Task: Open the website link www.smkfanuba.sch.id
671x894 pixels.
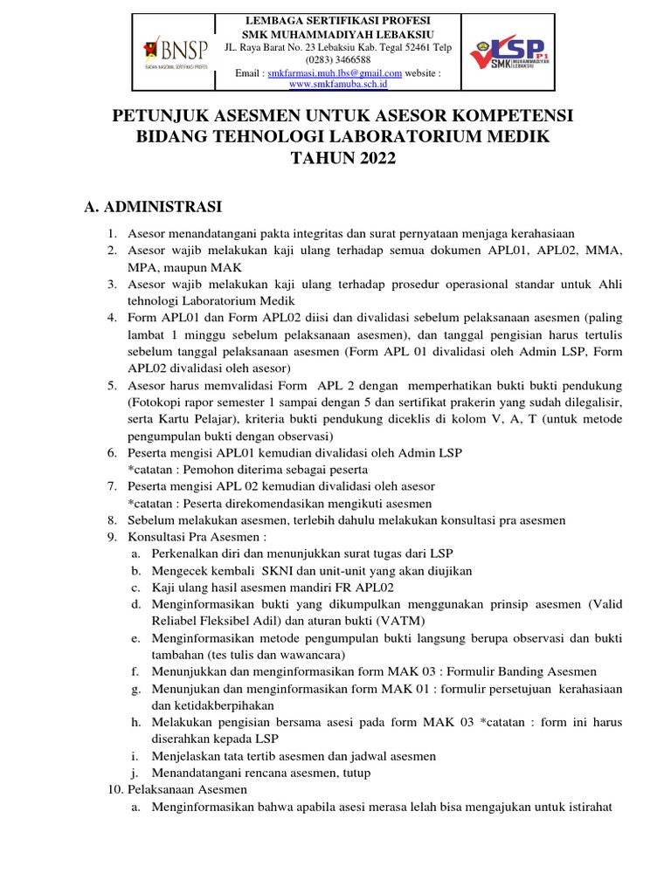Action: click(338, 85)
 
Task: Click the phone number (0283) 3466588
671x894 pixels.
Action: click(338, 59)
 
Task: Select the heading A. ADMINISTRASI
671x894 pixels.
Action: click(153, 206)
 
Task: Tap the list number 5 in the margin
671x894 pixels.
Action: click(112, 386)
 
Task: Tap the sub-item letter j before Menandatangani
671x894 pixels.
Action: click(135, 773)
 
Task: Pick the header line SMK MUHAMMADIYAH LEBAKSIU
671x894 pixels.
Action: click(338, 33)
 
